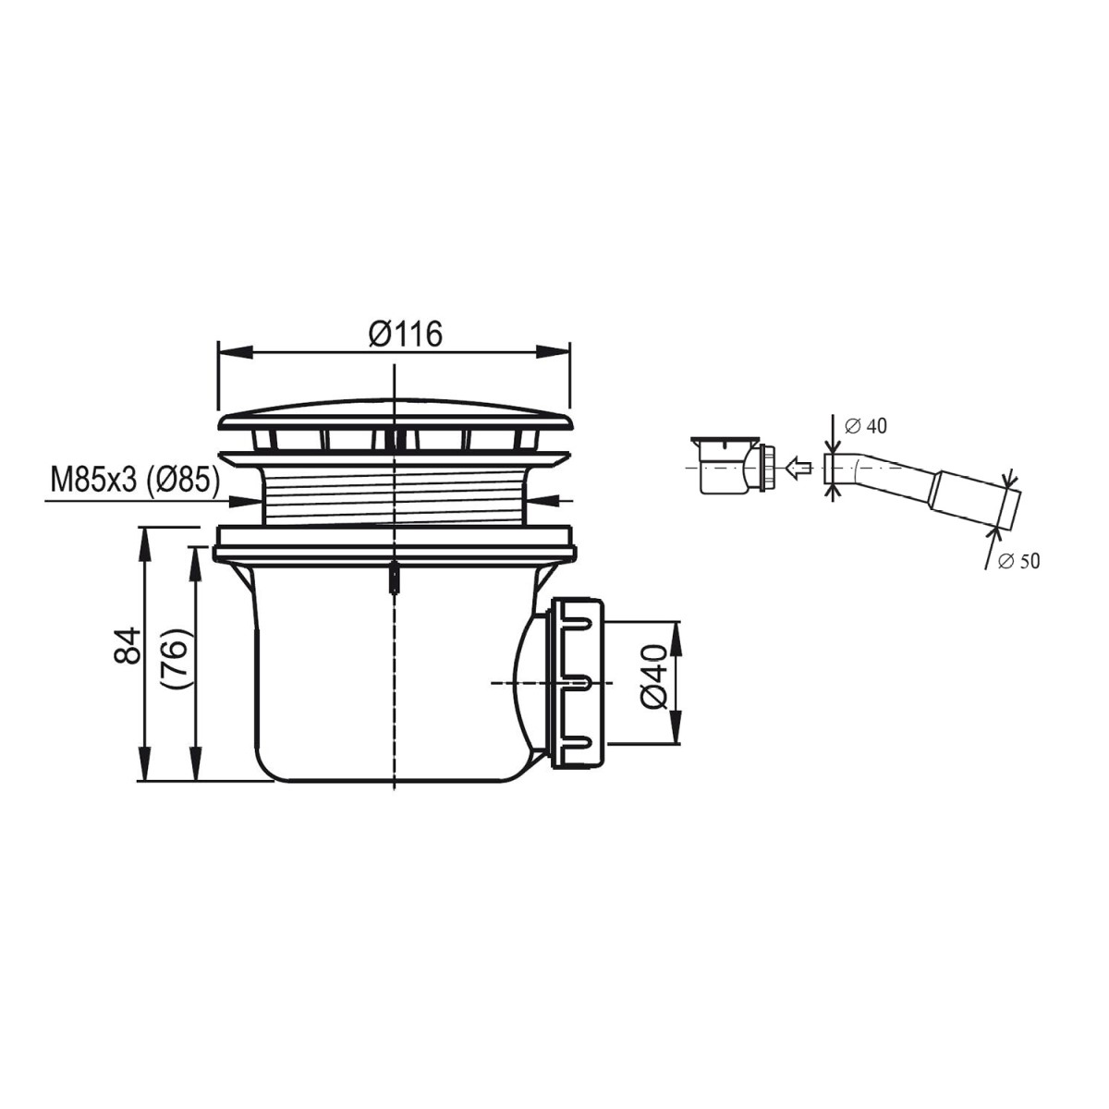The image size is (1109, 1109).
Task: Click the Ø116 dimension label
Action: (x=405, y=334)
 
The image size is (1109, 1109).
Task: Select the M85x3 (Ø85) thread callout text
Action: (x=135, y=481)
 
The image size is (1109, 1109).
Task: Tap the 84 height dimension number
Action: (x=128, y=646)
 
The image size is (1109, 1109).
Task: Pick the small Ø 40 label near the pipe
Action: (x=866, y=426)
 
